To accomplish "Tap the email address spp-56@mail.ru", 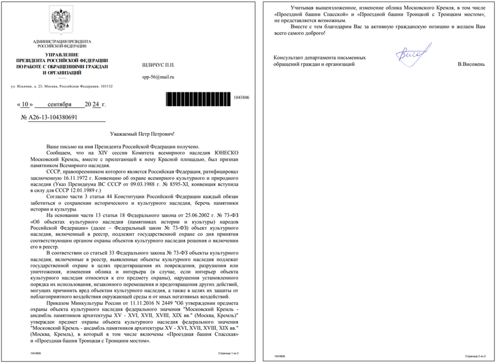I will click(158, 77).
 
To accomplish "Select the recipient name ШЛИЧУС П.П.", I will click(158, 65).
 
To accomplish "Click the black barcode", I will click(198, 99).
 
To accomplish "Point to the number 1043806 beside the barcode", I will click(241, 97).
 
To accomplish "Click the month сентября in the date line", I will click(60, 104).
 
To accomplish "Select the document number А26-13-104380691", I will click(53, 117).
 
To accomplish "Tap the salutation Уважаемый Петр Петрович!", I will click(142, 134).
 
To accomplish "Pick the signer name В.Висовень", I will click(471, 64).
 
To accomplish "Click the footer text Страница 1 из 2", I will click(228, 353).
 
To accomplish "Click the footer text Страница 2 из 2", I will click(475, 356).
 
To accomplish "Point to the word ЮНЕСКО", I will click(226, 153).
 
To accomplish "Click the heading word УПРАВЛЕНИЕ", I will click(62, 55).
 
